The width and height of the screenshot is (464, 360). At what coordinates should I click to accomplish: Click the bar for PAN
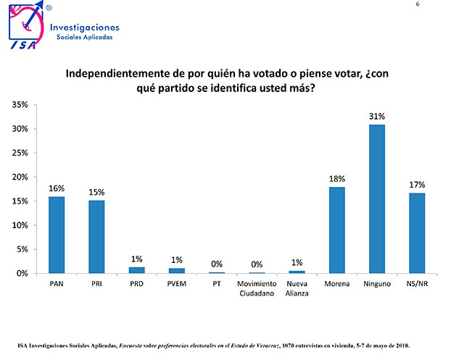coord(57,235)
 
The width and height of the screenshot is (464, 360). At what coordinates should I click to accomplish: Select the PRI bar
coord(96,237)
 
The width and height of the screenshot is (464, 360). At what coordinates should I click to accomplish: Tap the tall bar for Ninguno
coord(377,198)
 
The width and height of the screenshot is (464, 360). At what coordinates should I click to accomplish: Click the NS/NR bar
coord(417,233)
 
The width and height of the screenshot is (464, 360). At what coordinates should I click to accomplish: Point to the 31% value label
coord(377,116)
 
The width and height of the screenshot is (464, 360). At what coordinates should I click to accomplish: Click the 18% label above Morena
coord(337,178)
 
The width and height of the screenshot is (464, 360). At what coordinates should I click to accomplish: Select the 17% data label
coord(417,185)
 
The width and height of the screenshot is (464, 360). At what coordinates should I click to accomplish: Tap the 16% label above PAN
coord(57,188)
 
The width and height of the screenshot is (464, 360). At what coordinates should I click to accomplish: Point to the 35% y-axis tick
coord(20,105)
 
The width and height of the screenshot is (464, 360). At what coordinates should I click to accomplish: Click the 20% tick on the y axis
coord(20,177)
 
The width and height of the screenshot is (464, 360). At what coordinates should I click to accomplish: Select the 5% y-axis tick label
coord(22,249)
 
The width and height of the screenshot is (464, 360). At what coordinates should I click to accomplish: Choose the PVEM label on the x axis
coord(177,284)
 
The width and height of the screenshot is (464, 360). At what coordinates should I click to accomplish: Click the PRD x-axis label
coord(137,284)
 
